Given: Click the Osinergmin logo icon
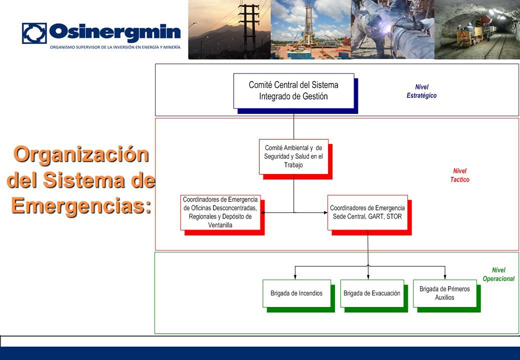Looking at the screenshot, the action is click(x=34, y=33).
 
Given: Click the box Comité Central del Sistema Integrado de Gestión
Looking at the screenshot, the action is click(x=294, y=91).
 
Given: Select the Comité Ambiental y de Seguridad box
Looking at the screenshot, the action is click(x=293, y=156).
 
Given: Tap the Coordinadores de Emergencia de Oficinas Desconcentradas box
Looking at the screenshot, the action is click(x=220, y=212).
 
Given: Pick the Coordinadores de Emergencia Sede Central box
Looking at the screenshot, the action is click(x=367, y=212).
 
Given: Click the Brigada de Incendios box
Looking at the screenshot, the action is click(x=296, y=293).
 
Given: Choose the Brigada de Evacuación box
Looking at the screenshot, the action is click(x=372, y=293).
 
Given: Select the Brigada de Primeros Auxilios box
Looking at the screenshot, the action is click(x=444, y=293).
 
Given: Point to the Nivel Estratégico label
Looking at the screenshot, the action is click(x=421, y=91).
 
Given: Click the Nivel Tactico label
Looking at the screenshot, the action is click(x=459, y=175).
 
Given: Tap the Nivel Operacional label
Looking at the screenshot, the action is click(x=498, y=274).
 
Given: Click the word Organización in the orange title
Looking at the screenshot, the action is click(x=81, y=155).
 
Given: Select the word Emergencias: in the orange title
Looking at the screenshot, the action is click(x=81, y=205).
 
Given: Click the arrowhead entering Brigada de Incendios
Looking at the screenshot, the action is click(x=295, y=277).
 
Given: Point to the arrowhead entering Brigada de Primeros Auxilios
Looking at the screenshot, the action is click(x=444, y=277).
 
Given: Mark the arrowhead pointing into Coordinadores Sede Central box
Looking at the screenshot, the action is click(x=325, y=212).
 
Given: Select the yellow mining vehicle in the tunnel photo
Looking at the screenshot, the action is click(x=469, y=33).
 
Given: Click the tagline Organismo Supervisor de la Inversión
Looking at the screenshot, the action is click(x=115, y=47).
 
